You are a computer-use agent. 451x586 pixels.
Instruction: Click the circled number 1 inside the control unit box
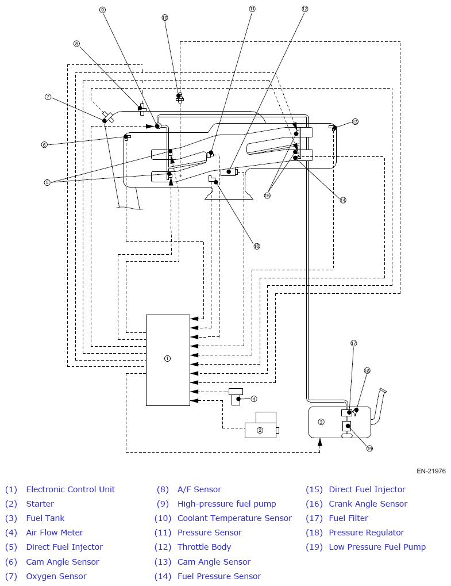pos(167,358)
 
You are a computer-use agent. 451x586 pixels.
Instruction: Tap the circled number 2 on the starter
pos(260,430)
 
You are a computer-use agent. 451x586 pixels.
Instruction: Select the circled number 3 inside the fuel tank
pos(321,422)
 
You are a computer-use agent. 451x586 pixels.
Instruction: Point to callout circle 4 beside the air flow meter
pos(254,399)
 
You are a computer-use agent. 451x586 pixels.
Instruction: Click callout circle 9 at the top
pos(103,10)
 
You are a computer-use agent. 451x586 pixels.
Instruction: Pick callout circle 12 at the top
pos(304,9)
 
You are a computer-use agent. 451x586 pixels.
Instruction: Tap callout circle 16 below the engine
pos(256,246)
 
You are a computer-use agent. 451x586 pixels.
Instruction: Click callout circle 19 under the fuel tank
pos(369,449)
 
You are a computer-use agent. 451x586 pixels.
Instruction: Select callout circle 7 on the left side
pos(48,97)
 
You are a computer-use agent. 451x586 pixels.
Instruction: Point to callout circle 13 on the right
pos(355,121)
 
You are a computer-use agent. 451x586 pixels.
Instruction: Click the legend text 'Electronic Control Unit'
pos(71,489)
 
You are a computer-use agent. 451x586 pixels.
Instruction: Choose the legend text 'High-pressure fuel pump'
pos(226,504)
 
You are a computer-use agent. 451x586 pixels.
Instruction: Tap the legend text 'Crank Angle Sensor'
pos(368,504)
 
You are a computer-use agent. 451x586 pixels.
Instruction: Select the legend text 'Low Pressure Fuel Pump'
pos(377,547)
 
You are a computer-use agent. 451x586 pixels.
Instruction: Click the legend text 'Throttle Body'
pos(204,547)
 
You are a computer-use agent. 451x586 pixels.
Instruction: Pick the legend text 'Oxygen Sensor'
pos(56,576)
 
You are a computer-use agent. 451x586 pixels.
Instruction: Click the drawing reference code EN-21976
pos(431,471)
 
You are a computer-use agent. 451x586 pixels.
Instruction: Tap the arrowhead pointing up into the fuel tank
pos(319,442)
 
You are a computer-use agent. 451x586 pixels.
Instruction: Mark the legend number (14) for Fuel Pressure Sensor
pos(163,576)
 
